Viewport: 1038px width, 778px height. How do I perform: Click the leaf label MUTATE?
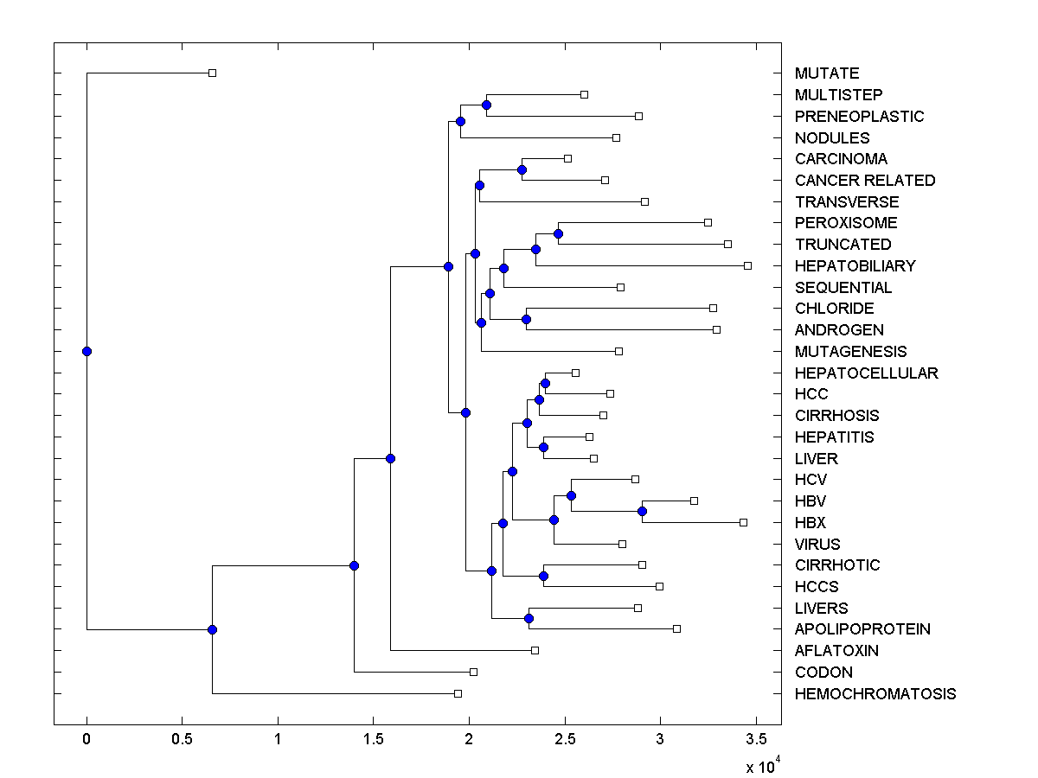pos(827,73)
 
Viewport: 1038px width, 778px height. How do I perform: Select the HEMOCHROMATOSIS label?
pos(875,693)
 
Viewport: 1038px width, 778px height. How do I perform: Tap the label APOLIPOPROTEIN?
pos(862,629)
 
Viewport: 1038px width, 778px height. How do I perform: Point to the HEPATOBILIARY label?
pos(855,265)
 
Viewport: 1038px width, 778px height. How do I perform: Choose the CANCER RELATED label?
pos(865,181)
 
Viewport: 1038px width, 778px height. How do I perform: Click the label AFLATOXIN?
pos(836,651)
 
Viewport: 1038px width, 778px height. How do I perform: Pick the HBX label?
pos(811,522)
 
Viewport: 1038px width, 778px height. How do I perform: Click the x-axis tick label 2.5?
pos(565,739)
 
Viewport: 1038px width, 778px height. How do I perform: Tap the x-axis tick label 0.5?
pos(182,739)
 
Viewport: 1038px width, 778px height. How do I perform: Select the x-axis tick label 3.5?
pos(756,739)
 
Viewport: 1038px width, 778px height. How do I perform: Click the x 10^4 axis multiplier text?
pos(764,766)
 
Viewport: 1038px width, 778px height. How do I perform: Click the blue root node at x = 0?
pos(86,351)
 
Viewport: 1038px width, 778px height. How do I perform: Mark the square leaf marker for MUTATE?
pos(212,73)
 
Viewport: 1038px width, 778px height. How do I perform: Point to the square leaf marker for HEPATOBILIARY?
pos(747,265)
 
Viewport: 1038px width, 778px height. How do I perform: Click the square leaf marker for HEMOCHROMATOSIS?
pos(458,693)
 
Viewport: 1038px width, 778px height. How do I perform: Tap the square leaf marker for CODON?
pos(473,672)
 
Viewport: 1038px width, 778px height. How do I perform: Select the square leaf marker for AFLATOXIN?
pos(535,650)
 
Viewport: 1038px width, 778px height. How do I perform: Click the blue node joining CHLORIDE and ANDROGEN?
pos(526,319)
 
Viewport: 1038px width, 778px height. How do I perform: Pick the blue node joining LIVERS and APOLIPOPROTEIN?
pos(529,618)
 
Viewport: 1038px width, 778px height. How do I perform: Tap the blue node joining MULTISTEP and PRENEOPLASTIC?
pos(486,105)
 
